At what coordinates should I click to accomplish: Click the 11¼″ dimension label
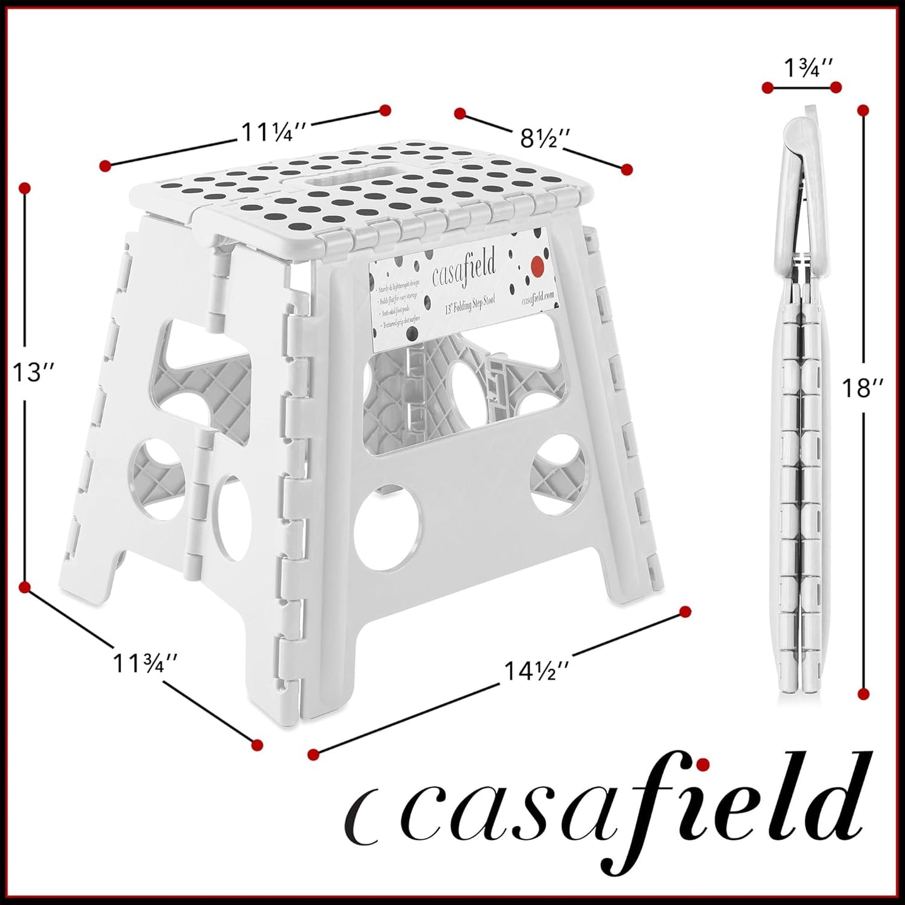(x=274, y=132)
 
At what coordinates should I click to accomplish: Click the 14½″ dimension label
(x=537, y=671)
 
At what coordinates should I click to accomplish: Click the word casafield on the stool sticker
(x=464, y=267)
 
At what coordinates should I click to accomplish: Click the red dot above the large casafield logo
(x=703, y=763)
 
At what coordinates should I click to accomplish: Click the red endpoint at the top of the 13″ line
(x=25, y=188)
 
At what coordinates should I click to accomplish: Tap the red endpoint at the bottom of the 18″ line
(x=864, y=693)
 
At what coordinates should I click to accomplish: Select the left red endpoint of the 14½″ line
(x=314, y=754)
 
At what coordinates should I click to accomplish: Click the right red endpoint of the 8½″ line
(x=626, y=169)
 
